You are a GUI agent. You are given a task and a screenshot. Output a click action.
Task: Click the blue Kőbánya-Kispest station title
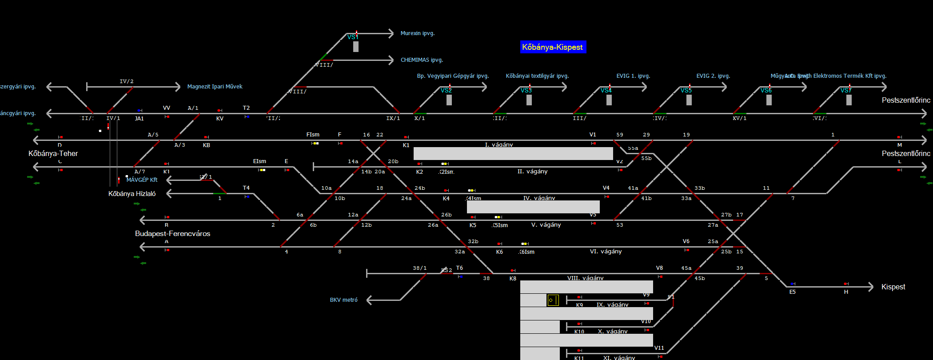tap(553, 47)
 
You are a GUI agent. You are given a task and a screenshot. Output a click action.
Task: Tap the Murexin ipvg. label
tap(417, 33)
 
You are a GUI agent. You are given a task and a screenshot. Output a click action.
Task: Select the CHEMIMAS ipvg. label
tap(422, 60)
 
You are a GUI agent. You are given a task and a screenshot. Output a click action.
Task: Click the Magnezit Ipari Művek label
tap(215, 87)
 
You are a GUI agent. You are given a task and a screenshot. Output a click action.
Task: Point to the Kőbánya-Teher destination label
tap(53, 154)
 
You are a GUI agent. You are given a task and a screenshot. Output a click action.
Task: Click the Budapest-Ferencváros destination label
tap(172, 234)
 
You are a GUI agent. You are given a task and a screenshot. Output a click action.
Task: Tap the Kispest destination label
tap(893, 287)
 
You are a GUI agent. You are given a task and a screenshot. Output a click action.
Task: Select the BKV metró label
tap(343, 300)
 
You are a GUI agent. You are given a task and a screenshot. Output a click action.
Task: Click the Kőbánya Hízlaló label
tap(132, 194)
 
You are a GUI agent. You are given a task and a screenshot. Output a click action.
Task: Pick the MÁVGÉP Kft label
tap(142, 180)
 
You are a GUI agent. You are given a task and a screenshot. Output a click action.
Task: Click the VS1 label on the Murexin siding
tap(353, 37)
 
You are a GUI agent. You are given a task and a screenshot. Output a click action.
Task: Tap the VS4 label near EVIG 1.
tap(606, 91)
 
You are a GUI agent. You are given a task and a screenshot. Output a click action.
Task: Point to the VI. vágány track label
tap(606, 252)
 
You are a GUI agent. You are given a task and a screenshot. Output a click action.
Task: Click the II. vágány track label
tap(532, 172)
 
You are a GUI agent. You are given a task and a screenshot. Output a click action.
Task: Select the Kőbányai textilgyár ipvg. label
tap(537, 76)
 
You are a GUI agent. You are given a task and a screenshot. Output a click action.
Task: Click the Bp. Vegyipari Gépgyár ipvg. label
tap(453, 76)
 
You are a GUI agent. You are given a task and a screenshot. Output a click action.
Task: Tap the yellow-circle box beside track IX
tap(553, 300)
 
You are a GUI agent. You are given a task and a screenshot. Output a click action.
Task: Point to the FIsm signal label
tap(313, 135)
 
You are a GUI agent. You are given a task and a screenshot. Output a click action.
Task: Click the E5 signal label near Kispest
tap(793, 292)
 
